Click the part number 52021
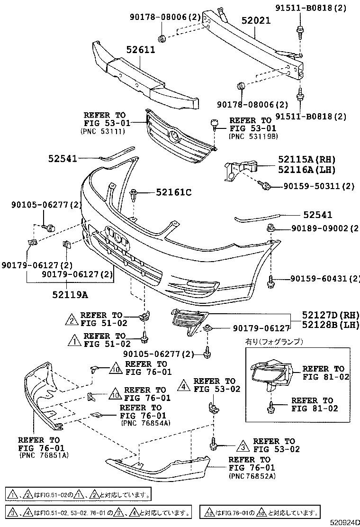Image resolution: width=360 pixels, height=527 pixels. [x=256, y=21]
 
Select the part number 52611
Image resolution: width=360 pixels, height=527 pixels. [x=141, y=50]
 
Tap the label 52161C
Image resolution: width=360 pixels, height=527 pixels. [x=174, y=192]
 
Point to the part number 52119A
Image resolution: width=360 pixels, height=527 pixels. [x=71, y=294]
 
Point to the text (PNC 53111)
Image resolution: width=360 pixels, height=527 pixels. [x=102, y=131]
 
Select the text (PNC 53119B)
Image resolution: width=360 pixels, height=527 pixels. [x=253, y=136]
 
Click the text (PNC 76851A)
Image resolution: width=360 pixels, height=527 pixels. [x=44, y=455]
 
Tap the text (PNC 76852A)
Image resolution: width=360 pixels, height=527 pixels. [x=252, y=475]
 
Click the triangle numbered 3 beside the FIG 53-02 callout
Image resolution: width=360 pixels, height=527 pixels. [x=242, y=445]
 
